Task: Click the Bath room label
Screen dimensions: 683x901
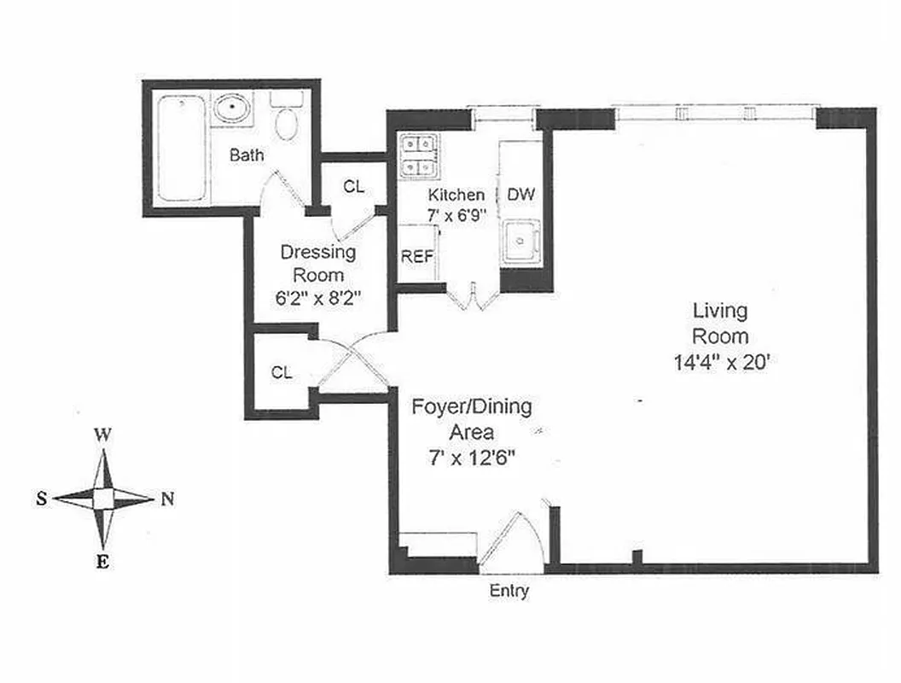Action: (247, 155)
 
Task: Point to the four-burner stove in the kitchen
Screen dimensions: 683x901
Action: (419, 156)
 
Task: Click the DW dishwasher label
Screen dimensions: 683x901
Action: (520, 194)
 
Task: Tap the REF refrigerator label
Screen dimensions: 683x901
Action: (417, 256)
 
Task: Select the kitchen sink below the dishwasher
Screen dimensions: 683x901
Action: (520, 242)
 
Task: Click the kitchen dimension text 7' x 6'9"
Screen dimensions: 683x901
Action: (456, 215)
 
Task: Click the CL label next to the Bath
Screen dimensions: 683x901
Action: (353, 187)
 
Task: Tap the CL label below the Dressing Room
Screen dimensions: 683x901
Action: (282, 372)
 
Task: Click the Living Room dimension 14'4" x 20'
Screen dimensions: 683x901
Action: (722, 360)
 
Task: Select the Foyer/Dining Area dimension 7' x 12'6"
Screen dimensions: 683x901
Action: (471, 457)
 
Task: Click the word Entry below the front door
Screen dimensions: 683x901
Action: (509, 590)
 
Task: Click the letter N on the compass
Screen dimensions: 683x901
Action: (167, 499)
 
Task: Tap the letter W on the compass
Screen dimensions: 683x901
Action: (102, 434)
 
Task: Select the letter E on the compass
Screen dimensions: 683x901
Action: (102, 561)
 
